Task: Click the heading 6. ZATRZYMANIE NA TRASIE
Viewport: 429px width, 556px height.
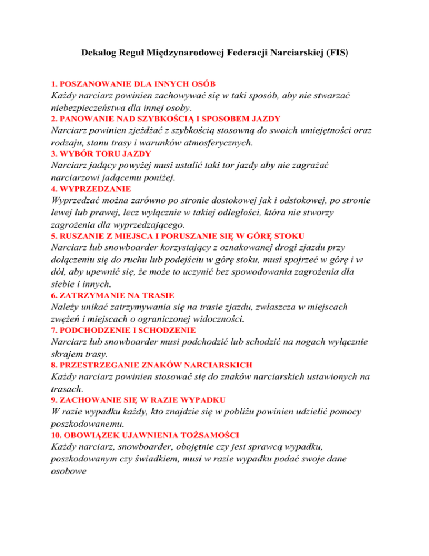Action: pos(112,294)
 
